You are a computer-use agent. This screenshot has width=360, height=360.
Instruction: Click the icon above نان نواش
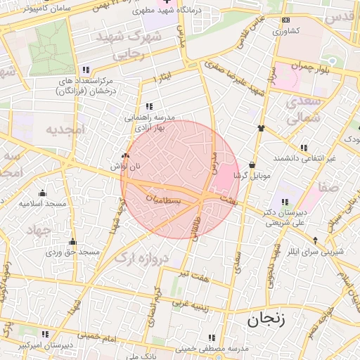click(126, 156)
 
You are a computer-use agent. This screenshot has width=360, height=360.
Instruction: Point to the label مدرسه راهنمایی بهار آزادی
click(150, 123)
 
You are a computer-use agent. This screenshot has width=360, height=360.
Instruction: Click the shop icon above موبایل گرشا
click(251, 162)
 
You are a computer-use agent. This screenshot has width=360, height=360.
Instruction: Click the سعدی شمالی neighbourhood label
click(304, 110)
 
